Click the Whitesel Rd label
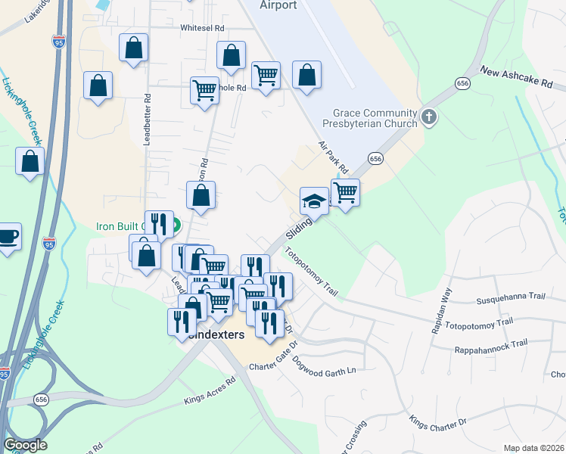click(203, 28)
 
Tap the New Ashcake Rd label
click(517, 78)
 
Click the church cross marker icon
click(429, 117)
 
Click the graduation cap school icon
click(314, 201)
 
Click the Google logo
click(25, 445)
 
